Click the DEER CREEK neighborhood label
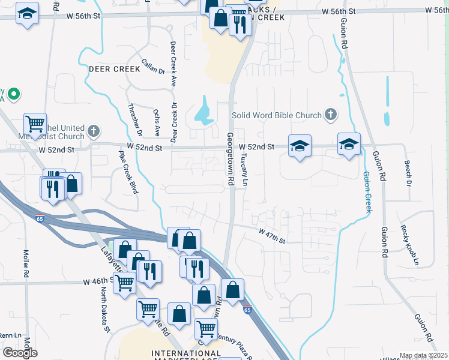click(x=114, y=69)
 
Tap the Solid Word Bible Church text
click(x=277, y=115)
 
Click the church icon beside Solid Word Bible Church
click(x=330, y=114)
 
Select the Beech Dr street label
click(x=408, y=172)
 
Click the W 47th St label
click(x=271, y=235)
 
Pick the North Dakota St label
click(x=106, y=310)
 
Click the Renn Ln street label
click(x=10, y=335)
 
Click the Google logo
click(x=20, y=352)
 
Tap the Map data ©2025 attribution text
click(x=423, y=356)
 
